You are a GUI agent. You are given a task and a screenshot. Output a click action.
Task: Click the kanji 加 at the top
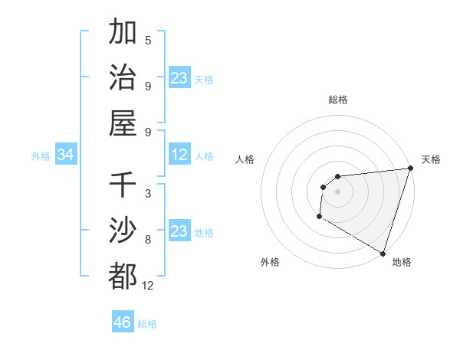coord(123,33)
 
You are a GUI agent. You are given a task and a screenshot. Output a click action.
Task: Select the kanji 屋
coord(123,123)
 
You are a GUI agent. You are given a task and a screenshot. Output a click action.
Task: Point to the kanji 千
coord(123,185)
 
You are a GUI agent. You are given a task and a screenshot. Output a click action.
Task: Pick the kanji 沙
coord(123,230)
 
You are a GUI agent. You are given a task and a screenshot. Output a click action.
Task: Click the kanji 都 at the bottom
coord(123,275)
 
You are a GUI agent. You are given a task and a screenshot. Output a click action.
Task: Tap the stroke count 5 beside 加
coord(148,41)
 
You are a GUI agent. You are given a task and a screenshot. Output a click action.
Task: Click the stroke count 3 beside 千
coord(148,194)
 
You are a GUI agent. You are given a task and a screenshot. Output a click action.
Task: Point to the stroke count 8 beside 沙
coord(148,240)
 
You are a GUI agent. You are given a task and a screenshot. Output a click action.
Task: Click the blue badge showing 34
coord(65,155)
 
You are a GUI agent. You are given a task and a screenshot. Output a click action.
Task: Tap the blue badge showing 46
coord(123,322)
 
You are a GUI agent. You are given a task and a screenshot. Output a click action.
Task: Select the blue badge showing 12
coord(179,155)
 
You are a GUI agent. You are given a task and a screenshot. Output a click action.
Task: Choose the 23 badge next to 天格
coord(179,78)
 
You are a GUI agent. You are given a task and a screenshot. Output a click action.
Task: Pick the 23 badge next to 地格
coord(179,232)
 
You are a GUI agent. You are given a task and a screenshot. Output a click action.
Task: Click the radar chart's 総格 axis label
coord(338,100)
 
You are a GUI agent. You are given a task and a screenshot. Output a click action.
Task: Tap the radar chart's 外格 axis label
coord(270,262)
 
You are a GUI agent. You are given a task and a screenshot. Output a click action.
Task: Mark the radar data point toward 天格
coord(410,169)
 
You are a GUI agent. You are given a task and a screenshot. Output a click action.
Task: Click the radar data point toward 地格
coord(383,253)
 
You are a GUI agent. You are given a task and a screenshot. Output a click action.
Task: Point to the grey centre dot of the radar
coord(337,191)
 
